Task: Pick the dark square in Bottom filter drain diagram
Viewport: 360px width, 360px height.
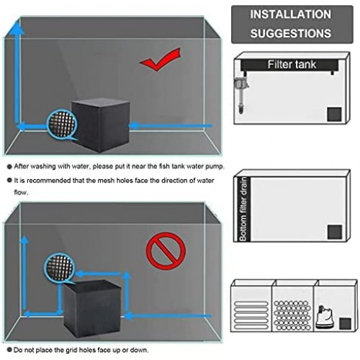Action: click(x=333, y=231)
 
